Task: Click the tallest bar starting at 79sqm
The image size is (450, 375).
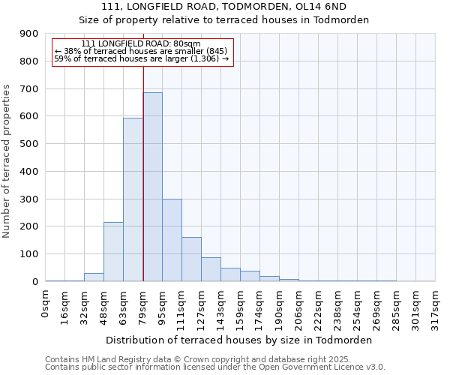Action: click(x=152, y=187)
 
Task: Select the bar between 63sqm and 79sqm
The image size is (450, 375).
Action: click(x=133, y=199)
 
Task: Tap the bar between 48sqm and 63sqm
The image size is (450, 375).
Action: click(x=113, y=252)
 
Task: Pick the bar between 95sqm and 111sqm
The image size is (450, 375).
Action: click(x=172, y=240)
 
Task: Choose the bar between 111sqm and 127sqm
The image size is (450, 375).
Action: click(x=191, y=259)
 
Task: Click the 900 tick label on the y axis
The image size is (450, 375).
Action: click(x=29, y=34)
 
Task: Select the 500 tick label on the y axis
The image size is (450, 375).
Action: click(x=29, y=144)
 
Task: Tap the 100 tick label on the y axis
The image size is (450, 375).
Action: click(x=29, y=254)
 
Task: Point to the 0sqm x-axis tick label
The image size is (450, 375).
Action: click(x=46, y=304)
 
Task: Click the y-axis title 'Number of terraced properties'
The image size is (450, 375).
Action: click(x=7, y=161)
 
